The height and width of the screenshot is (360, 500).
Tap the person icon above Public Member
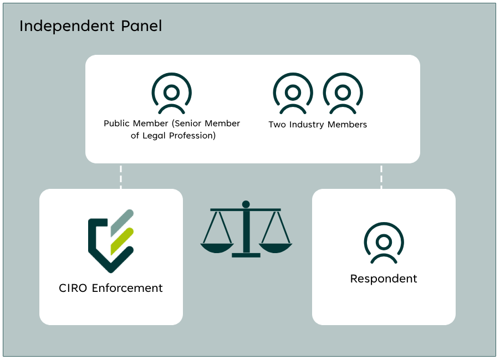pyautogui.click(x=172, y=92)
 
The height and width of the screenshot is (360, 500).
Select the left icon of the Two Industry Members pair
pyautogui.click(x=293, y=92)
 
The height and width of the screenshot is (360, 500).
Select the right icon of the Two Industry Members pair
pyautogui.click(x=343, y=92)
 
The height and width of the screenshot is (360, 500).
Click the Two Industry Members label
pyautogui.click(x=318, y=125)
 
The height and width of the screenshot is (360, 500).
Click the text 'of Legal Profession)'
pyautogui.click(x=172, y=136)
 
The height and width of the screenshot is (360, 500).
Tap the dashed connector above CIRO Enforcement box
pyautogui.click(x=121, y=176)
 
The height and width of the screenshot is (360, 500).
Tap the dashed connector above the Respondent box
pyautogui.click(x=381, y=176)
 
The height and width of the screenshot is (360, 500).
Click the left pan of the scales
pyautogui.click(x=217, y=248)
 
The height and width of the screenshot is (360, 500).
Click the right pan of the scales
pyautogui.click(x=275, y=248)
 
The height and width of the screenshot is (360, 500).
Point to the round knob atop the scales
pyautogui.click(x=246, y=204)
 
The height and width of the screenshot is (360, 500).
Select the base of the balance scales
pyautogui.click(x=246, y=255)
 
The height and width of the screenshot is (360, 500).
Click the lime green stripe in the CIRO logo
pyautogui.click(x=122, y=240)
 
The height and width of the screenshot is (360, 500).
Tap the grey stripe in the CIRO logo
pyautogui.click(x=121, y=223)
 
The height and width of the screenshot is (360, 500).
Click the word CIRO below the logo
pyautogui.click(x=73, y=288)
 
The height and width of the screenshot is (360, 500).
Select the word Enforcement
pyautogui.click(x=127, y=288)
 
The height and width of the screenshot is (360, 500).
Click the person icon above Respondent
pyautogui.click(x=384, y=243)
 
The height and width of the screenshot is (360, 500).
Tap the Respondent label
pyautogui.click(x=384, y=279)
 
